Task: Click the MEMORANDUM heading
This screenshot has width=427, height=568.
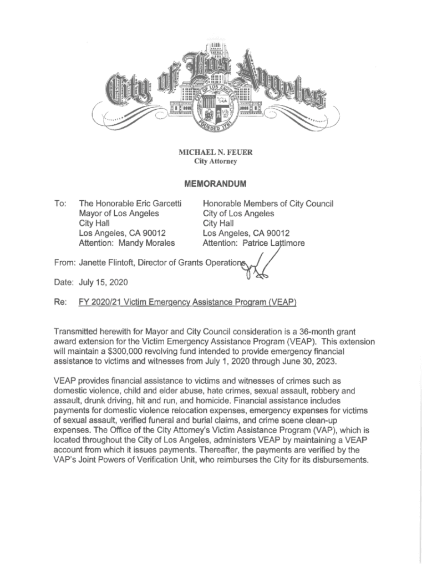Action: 214,184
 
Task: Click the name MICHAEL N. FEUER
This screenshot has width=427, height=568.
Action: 215,153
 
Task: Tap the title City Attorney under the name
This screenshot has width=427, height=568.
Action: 215,161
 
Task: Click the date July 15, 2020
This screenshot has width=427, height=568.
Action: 104,282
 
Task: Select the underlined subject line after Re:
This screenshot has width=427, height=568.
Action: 188,302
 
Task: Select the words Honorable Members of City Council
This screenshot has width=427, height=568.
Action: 268,204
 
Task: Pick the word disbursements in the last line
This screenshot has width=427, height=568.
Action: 338,460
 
